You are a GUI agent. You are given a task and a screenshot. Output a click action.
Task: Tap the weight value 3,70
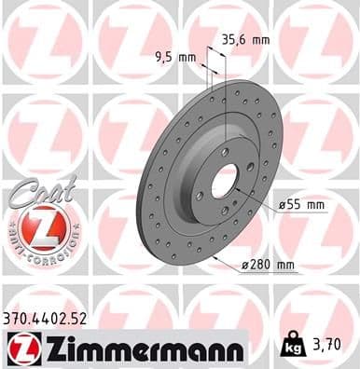pyautogui.click(x=334, y=350)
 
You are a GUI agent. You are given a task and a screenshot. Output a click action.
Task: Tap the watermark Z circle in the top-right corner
pyautogui.click(x=313, y=42)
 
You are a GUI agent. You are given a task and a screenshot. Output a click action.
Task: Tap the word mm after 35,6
pyautogui.click(x=260, y=39)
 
